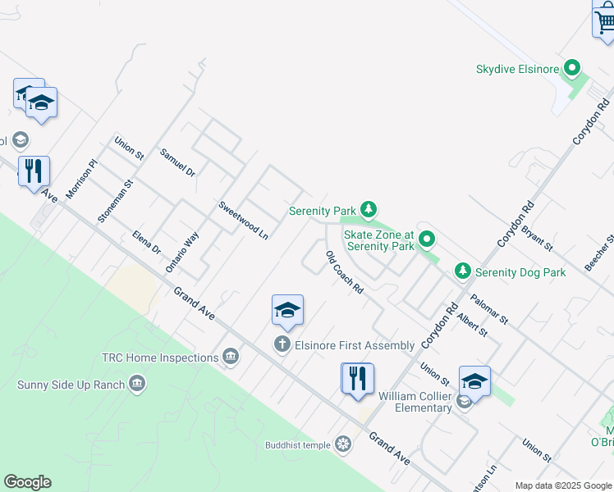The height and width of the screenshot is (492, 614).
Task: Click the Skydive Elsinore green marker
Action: pos(573,69)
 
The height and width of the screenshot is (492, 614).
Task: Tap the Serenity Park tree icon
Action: pos(369,210)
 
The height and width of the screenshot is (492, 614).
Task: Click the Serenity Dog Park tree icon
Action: pos(463,271)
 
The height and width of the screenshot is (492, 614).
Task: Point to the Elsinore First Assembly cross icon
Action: pos(282,344)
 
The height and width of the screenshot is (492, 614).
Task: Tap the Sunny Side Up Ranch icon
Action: pos(137,384)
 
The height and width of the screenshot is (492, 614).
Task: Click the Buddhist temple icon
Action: pos(343,444)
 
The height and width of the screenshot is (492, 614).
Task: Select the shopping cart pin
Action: pos(604,20)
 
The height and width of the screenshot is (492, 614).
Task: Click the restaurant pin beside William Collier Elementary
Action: pos(357,380)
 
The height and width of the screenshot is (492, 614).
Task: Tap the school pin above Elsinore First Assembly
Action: pos(287,310)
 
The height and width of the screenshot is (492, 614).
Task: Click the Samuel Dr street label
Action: pos(177,162)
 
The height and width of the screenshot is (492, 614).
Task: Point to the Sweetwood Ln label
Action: pos(244,219)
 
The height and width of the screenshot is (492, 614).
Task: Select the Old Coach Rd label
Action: pos(344,273)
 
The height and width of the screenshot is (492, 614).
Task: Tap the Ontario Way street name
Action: pos(182,252)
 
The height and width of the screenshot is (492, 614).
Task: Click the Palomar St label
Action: pos(490,308)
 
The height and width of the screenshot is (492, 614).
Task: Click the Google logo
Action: pos(27,482)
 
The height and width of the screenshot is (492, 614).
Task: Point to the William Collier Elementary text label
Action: pos(415,402)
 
